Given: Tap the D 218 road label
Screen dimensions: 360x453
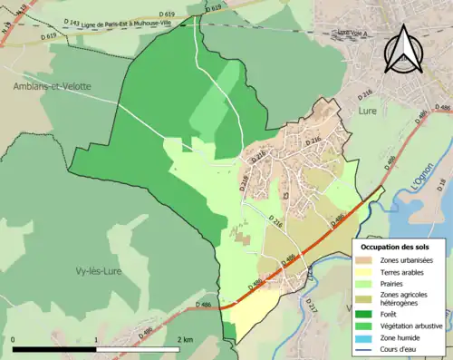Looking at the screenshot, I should click(244, 182).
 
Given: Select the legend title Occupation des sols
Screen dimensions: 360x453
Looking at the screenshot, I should click(397, 247).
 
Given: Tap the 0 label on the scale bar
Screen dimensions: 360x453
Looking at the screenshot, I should click(14, 339).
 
